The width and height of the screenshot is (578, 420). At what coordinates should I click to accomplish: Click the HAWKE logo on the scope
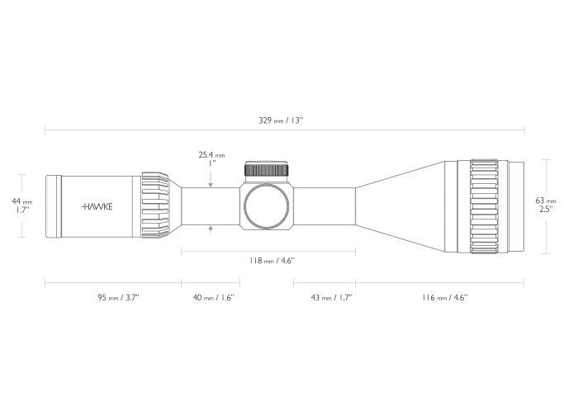coord(97,206)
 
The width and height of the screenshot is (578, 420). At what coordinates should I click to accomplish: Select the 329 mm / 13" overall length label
coord(281,120)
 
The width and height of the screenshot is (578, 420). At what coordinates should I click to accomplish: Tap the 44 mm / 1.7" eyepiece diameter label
coord(22,205)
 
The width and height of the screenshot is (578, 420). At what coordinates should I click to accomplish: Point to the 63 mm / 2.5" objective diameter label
coord(546,205)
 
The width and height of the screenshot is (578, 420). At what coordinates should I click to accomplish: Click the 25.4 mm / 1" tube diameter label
coord(211,158)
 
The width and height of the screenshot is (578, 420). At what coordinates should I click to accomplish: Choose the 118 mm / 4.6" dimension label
coord(272,261)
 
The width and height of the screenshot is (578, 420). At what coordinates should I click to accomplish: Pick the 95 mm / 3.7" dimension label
coord(118,297)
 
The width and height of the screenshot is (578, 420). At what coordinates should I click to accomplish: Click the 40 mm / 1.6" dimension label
coord(213,297)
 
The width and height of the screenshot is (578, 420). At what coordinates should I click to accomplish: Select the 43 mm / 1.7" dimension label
coord(332,297)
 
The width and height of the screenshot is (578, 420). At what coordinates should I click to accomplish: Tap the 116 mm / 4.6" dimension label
coord(445,297)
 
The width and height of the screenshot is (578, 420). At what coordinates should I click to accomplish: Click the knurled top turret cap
coord(266,169)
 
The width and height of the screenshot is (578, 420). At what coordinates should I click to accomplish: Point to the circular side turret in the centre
coord(266,206)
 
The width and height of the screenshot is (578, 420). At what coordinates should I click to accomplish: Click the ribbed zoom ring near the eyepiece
coord(155,205)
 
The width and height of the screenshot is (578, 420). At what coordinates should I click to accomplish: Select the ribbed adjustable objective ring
coord(484,206)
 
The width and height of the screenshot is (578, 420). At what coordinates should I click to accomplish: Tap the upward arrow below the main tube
coord(211,230)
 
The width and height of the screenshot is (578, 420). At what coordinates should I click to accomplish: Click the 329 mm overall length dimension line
coord(285,130)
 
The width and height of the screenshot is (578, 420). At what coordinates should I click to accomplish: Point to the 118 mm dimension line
coord(268,252)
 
